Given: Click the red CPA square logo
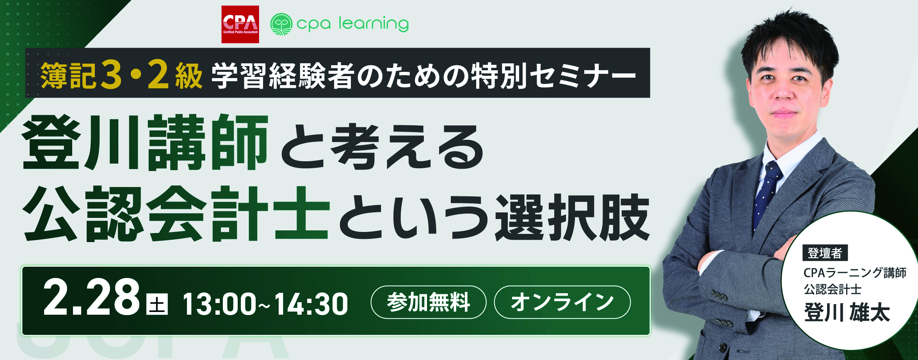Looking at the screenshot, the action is pyautogui.click(x=240, y=24).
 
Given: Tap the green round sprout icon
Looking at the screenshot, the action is pyautogui.click(x=281, y=24).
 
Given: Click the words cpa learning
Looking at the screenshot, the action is pyautogui.click(x=352, y=24).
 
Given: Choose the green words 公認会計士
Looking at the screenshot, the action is pyautogui.click(x=176, y=214).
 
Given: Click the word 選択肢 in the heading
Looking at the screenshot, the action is pyautogui.click(x=572, y=217).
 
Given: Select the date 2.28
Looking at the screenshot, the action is pyautogui.click(x=91, y=298).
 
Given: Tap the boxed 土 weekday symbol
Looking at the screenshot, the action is pyautogui.click(x=157, y=304).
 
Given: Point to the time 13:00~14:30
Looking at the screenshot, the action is pyautogui.click(x=265, y=304).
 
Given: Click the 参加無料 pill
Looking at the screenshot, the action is pyautogui.click(x=429, y=302).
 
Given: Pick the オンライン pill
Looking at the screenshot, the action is pyautogui.click(x=562, y=302).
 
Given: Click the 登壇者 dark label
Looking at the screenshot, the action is pyautogui.click(x=825, y=253).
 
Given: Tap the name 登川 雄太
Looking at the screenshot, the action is pyautogui.click(x=847, y=313).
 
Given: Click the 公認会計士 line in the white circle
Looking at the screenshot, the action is pyautogui.click(x=833, y=289).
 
